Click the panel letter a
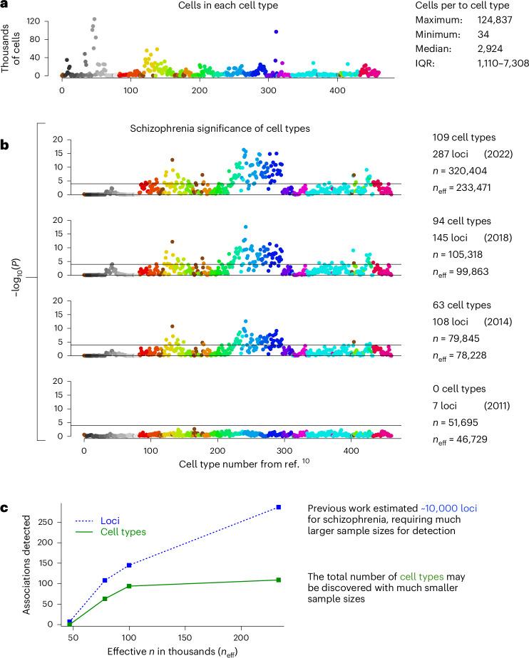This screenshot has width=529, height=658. [x=6, y=6]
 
